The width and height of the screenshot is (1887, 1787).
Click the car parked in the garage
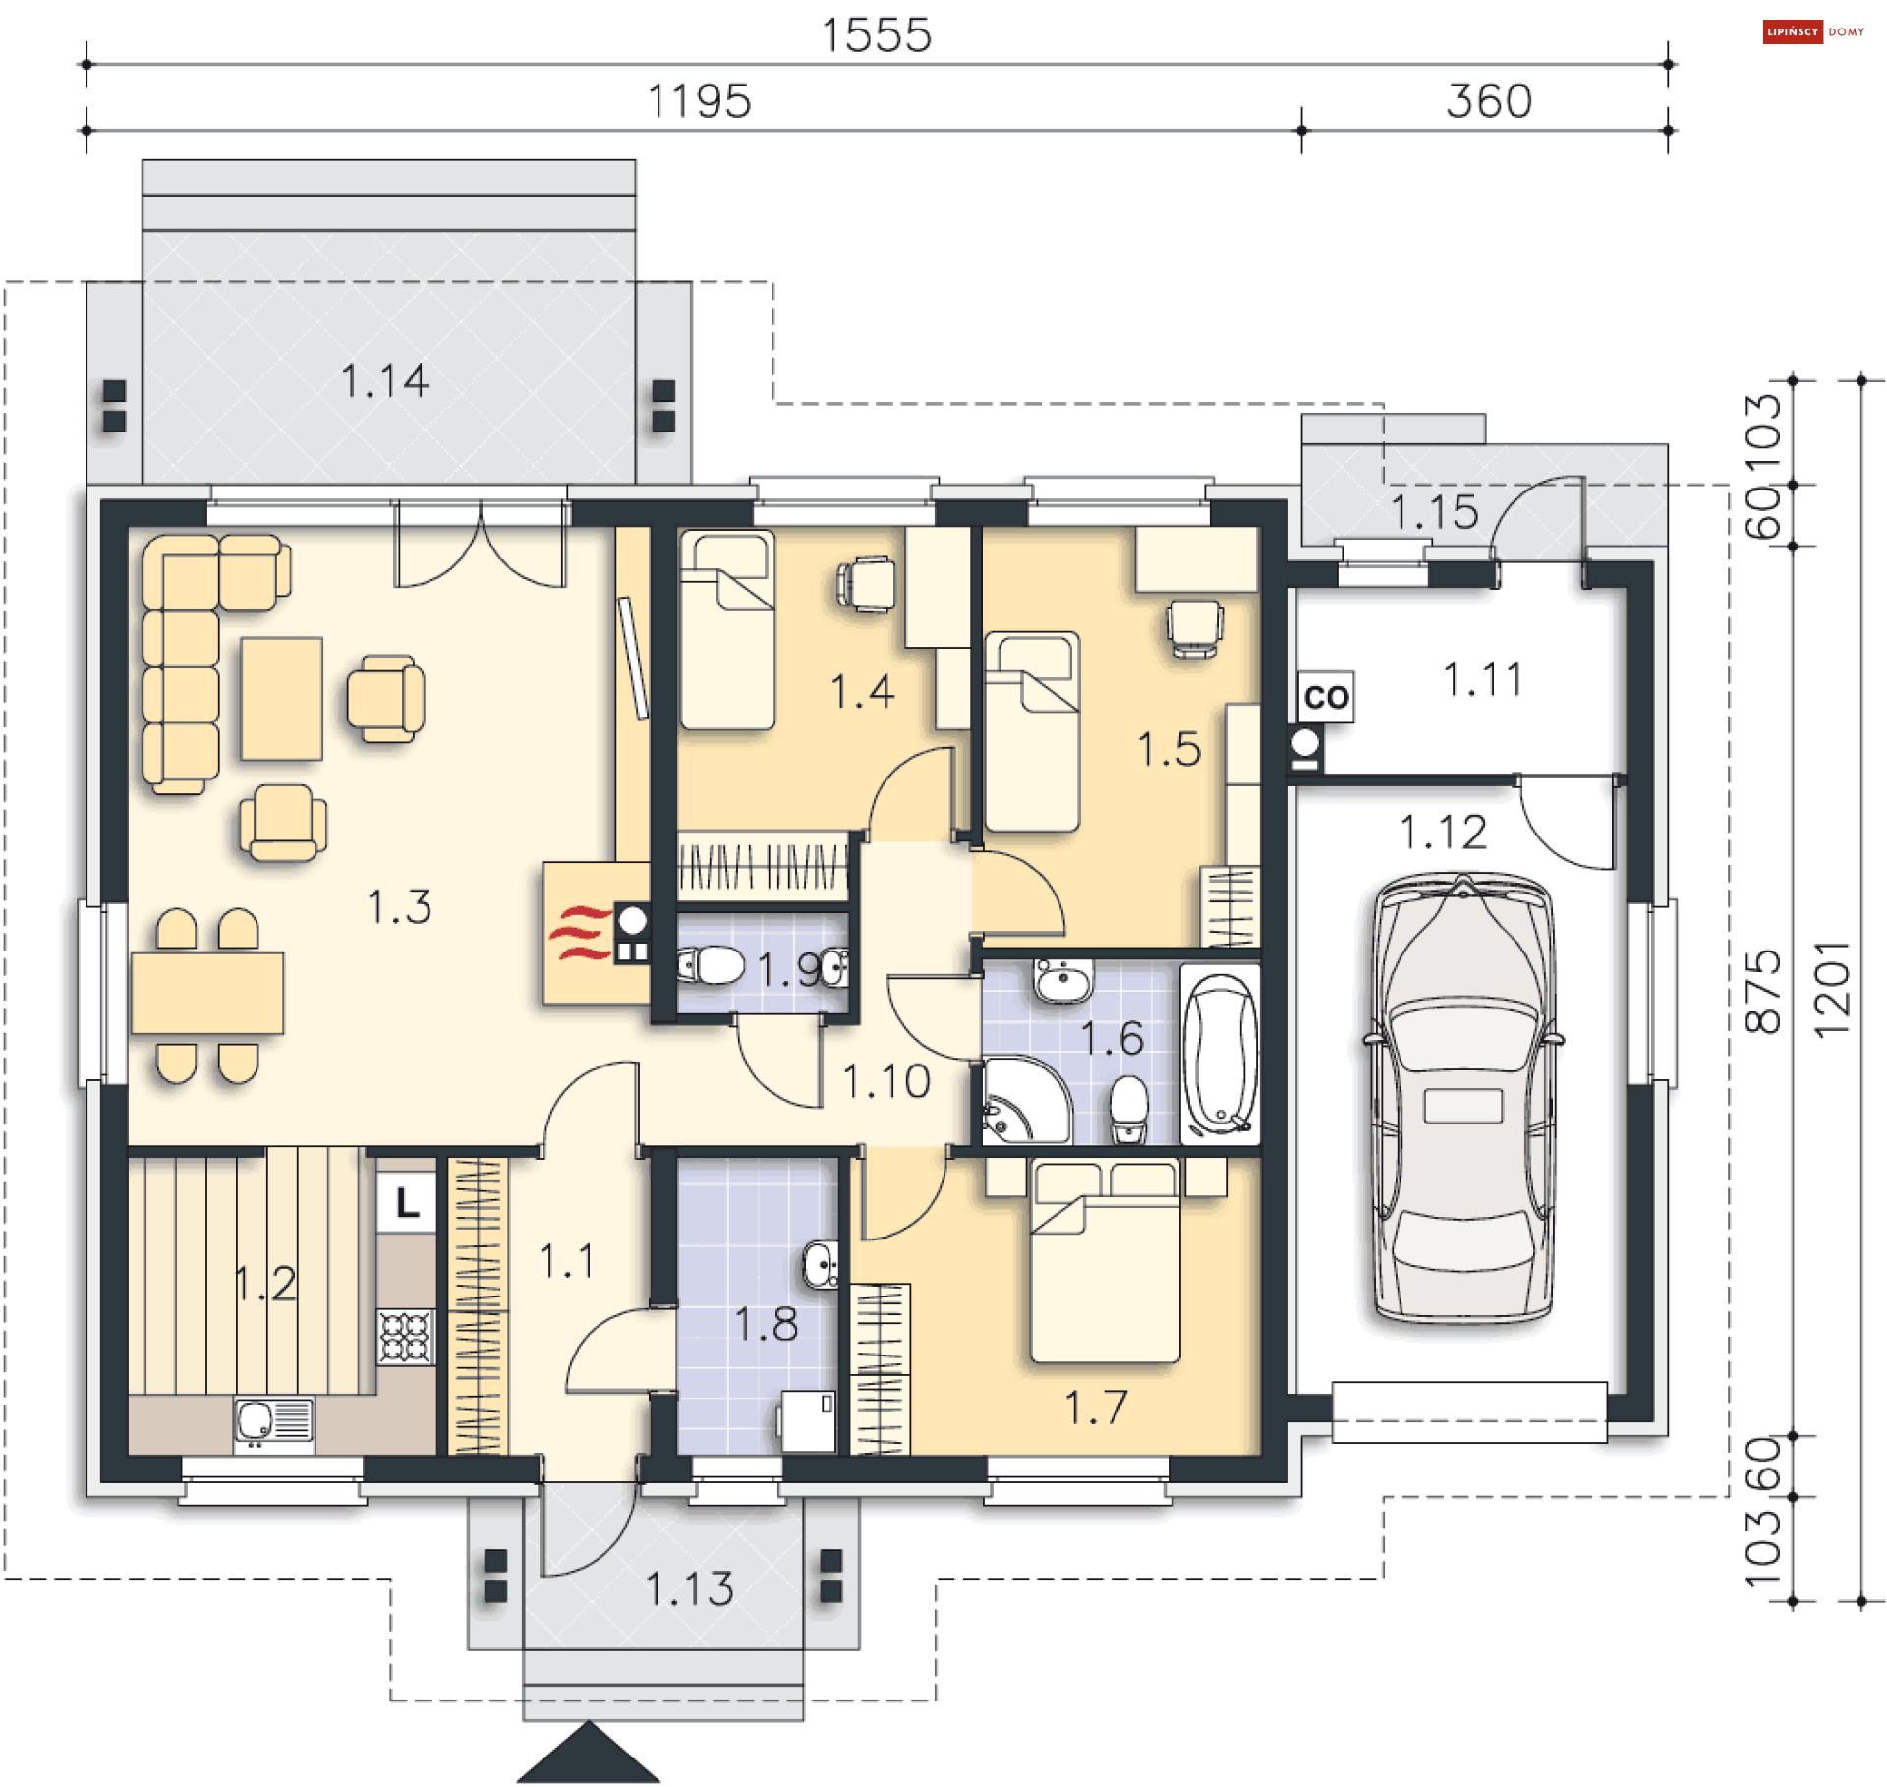click(1462, 1098)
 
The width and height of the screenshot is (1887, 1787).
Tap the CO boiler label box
click(1326, 697)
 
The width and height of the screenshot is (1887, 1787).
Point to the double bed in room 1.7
click(1105, 1262)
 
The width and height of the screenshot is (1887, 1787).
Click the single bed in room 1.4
click(727, 630)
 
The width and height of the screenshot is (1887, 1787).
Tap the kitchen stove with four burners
click(406, 1337)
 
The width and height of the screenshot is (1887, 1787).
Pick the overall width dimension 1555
click(877, 35)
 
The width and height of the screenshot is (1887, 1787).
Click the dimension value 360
click(1489, 101)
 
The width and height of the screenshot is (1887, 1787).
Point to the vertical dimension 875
click(1763, 991)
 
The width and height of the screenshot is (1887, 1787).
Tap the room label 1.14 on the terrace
click(384, 380)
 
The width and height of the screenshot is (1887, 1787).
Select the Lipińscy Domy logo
click(1814, 31)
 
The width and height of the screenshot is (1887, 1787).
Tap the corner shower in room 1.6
click(1025, 1100)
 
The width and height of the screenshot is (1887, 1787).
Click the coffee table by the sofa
click(282, 699)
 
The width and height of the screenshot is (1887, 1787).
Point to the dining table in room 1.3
click(207, 993)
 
